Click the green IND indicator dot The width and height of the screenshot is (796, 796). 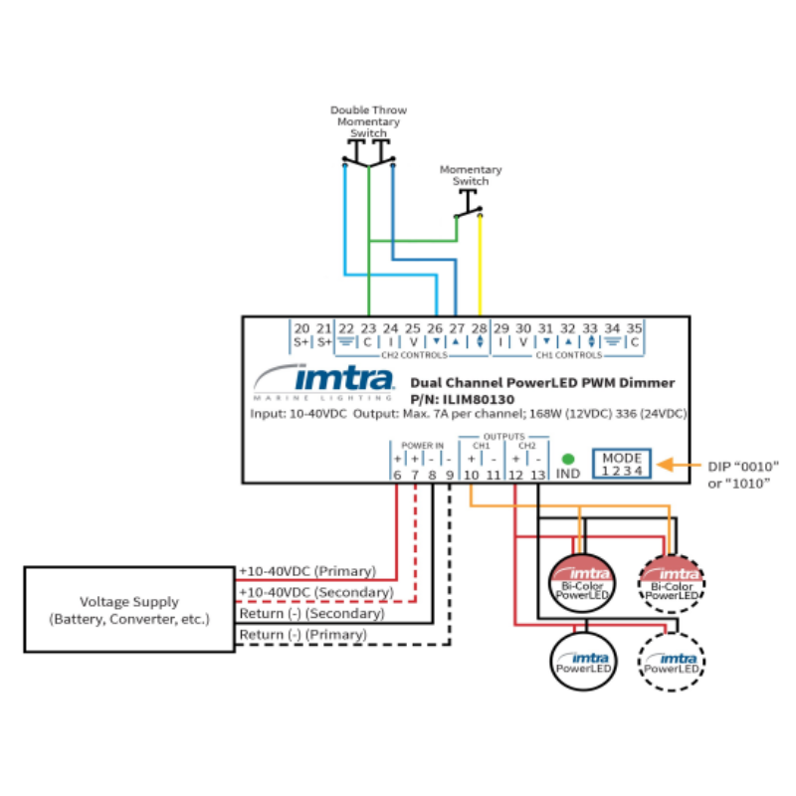click(568, 460)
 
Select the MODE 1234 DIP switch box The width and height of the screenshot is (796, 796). click(622, 464)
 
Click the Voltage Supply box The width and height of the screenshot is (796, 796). click(129, 610)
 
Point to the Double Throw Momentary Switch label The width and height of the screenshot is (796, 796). click(368, 121)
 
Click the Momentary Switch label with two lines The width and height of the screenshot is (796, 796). click(471, 176)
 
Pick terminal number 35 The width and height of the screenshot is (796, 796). click(633, 328)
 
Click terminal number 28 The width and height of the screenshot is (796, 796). click(480, 328)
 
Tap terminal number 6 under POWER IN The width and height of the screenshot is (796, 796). click(397, 476)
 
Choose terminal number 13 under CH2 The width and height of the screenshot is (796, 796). click(538, 476)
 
